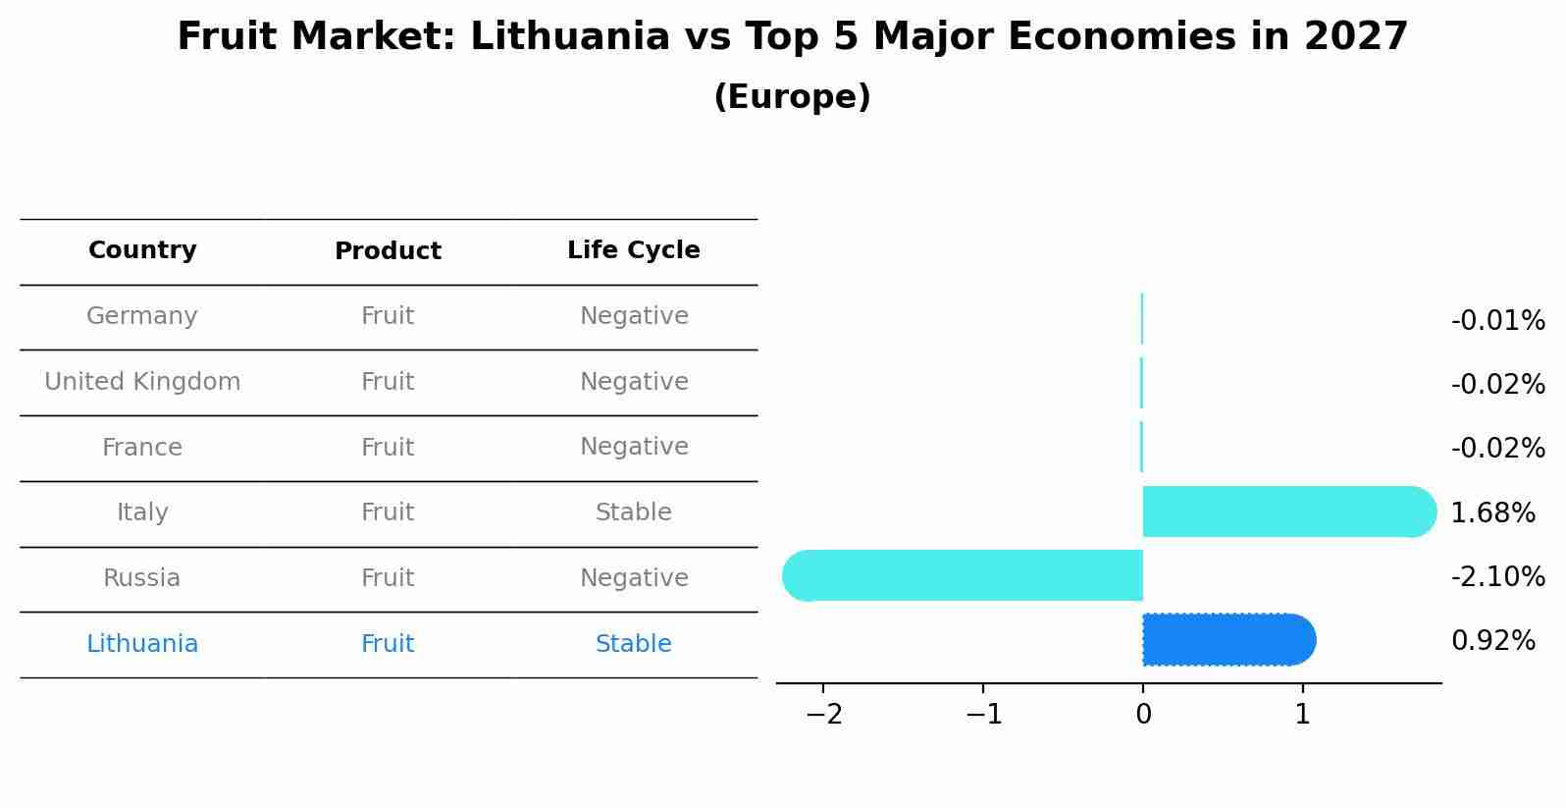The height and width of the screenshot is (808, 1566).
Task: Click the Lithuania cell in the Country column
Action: [142, 644]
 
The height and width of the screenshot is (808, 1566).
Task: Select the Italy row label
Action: [142, 512]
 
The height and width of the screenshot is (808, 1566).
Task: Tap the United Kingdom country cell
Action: [142, 382]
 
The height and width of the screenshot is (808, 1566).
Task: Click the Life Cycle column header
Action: [633, 250]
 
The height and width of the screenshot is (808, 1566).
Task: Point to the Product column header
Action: [388, 251]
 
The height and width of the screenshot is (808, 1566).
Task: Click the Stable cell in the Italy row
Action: [633, 512]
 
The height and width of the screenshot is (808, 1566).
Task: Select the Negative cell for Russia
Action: [633, 578]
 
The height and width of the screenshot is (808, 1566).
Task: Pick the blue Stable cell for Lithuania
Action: [633, 644]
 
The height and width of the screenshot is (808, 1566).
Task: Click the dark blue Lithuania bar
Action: [1227, 640]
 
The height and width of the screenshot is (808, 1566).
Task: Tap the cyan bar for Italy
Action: [1285, 512]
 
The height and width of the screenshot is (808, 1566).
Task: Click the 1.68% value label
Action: [1492, 512]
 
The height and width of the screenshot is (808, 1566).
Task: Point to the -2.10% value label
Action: [1497, 576]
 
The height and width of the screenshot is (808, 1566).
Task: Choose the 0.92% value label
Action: [1492, 641]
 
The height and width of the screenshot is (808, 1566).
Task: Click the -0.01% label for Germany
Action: [1497, 321]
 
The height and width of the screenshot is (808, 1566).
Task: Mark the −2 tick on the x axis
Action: [824, 715]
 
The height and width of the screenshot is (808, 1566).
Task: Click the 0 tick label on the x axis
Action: [1143, 715]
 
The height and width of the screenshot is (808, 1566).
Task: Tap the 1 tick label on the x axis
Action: [1302, 715]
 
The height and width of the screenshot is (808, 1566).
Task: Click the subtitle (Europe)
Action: [792, 97]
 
